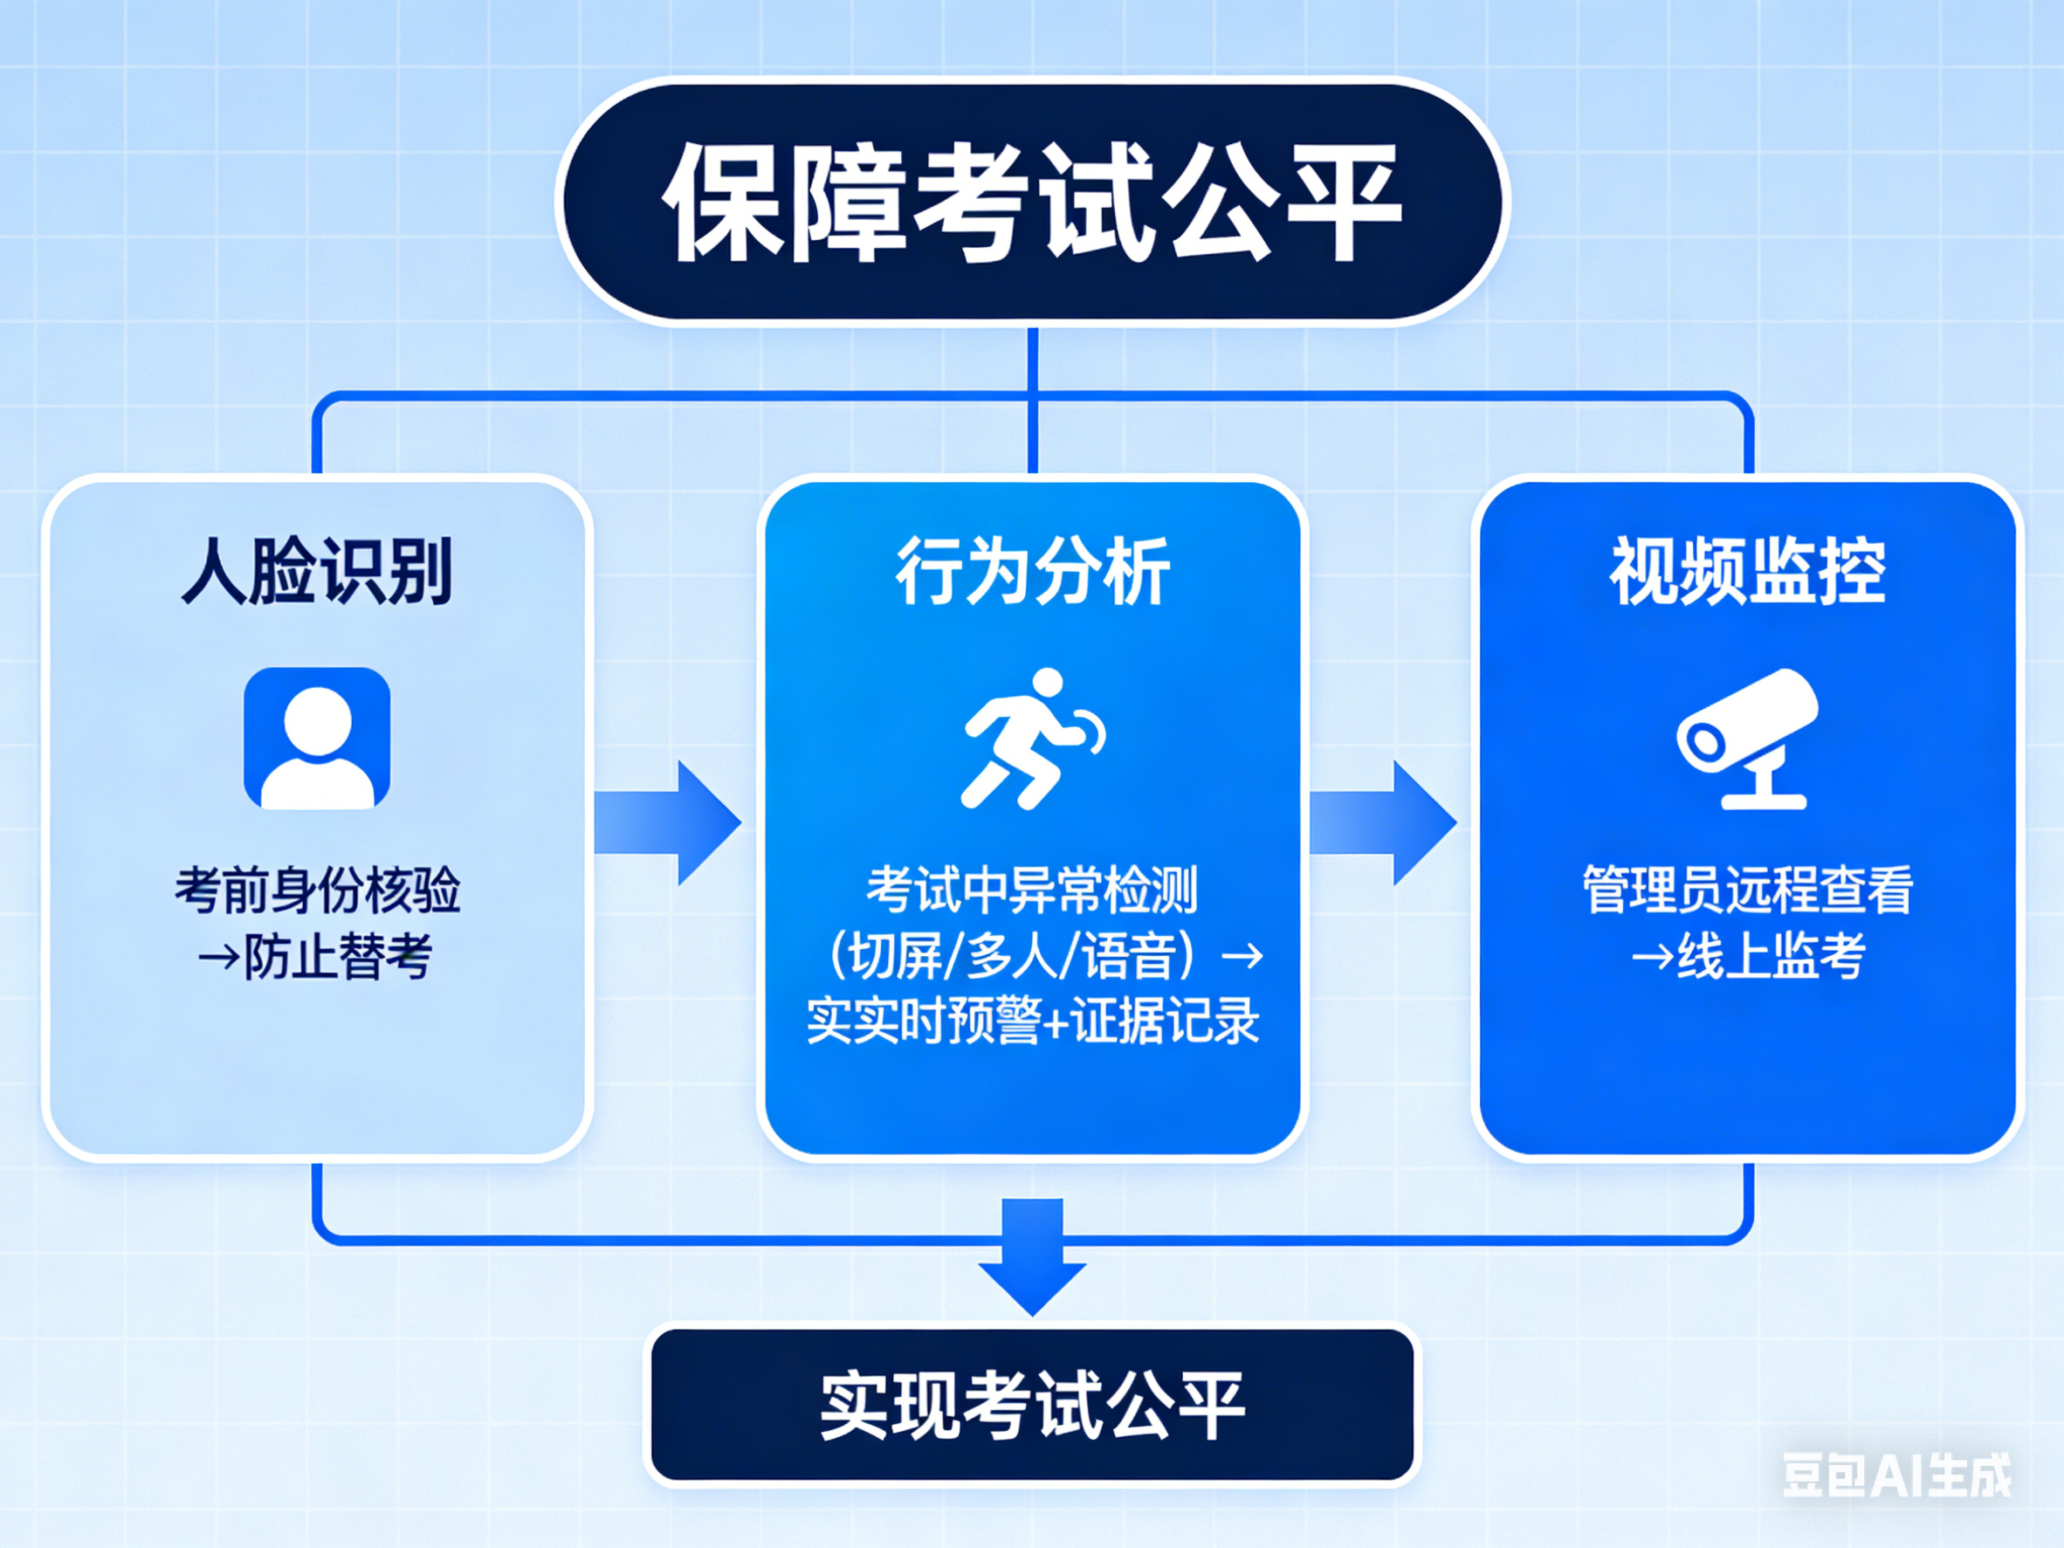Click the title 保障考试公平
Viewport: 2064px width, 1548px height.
1032,202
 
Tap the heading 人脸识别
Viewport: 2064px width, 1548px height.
317,571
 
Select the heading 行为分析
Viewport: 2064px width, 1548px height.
1032,571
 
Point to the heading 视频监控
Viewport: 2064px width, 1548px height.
1747,571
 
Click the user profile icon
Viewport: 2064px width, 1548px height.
317,738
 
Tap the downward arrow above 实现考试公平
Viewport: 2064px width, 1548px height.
1032,1256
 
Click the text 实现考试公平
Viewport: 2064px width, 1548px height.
1032,1405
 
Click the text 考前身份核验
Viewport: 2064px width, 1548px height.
317,889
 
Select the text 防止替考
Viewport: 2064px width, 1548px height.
338,956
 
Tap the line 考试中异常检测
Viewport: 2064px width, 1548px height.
1032,889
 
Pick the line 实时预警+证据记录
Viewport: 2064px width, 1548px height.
1032,1021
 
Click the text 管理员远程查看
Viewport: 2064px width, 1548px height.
1747,889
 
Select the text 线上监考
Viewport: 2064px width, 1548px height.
1770,956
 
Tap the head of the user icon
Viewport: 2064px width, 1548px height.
317,720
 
